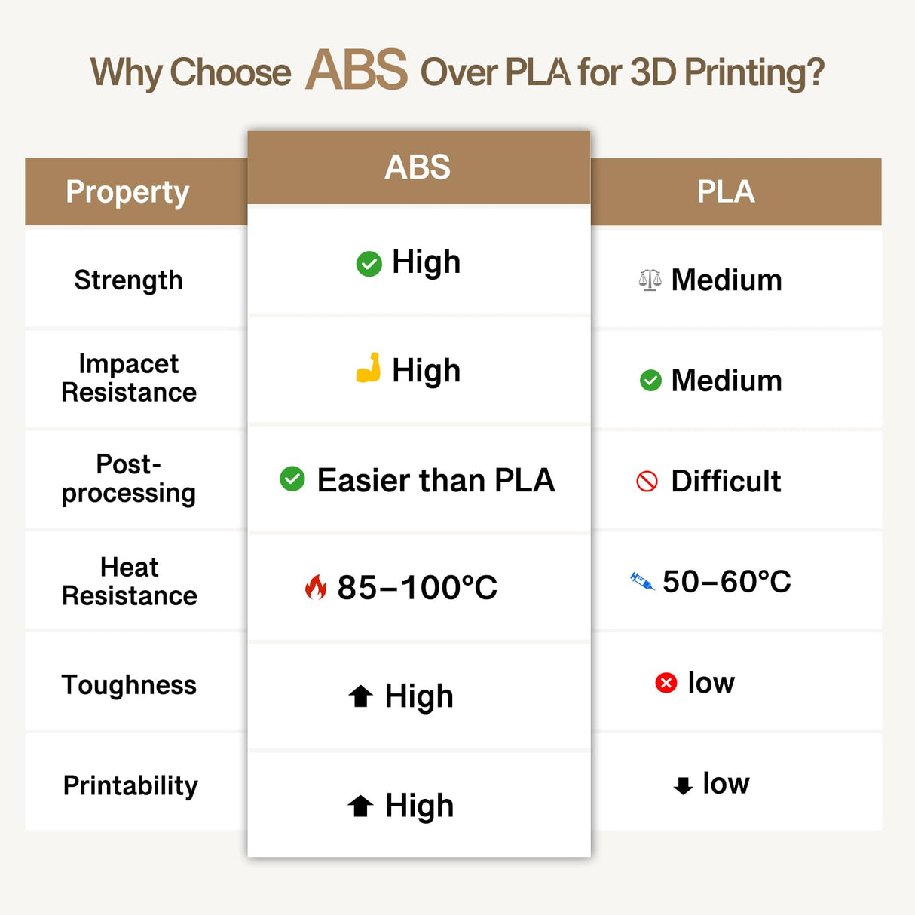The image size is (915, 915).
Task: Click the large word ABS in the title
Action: pyautogui.click(x=357, y=70)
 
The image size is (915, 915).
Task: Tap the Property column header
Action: pyautogui.click(x=127, y=192)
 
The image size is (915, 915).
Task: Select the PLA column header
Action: pyautogui.click(x=725, y=191)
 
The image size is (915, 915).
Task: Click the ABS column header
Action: pyautogui.click(x=418, y=167)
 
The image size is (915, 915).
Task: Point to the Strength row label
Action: pyautogui.click(x=128, y=280)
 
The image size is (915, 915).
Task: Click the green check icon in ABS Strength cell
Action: pyautogui.click(x=369, y=264)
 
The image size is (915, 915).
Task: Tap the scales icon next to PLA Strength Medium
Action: pyautogui.click(x=650, y=280)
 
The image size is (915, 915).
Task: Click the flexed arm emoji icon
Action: pyautogui.click(x=368, y=369)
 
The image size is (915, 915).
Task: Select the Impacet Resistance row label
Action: pyautogui.click(x=129, y=378)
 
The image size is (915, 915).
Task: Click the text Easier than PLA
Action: pyautogui.click(x=436, y=480)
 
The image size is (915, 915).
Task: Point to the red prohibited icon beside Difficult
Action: pyautogui.click(x=647, y=481)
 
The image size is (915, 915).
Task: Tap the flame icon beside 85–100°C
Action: pyautogui.click(x=316, y=587)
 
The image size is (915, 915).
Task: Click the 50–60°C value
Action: pyautogui.click(x=727, y=581)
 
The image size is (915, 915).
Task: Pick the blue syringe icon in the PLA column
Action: pyautogui.click(x=642, y=581)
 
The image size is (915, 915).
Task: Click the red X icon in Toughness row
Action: pyautogui.click(x=666, y=683)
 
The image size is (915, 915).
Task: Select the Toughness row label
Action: pyautogui.click(x=129, y=685)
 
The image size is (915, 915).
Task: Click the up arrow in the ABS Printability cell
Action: pyautogui.click(x=360, y=806)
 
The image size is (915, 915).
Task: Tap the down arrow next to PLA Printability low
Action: pyautogui.click(x=683, y=785)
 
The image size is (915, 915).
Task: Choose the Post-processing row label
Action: pyautogui.click(x=129, y=479)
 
